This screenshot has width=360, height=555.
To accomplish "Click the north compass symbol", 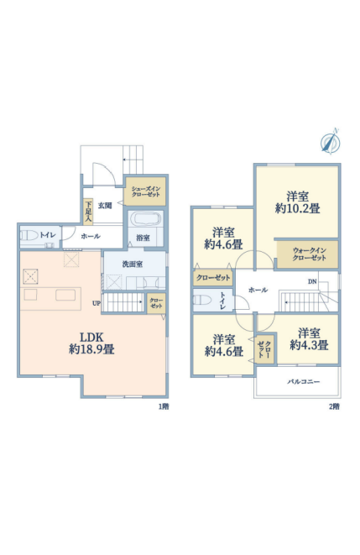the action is pyautogui.click(x=331, y=142).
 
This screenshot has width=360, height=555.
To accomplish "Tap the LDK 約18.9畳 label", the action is pyautogui.click(x=91, y=343).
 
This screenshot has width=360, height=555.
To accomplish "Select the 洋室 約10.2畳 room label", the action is pyautogui.click(x=297, y=202).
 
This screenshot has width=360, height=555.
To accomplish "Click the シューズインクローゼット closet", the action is pyautogui.click(x=146, y=191).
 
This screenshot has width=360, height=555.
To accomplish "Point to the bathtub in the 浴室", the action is pyautogui.click(x=145, y=219).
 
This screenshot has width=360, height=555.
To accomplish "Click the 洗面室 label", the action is pyautogui.click(x=133, y=264).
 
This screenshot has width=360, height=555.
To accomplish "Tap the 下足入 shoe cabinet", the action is pyautogui.click(x=88, y=212).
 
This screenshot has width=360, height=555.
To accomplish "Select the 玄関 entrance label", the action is pyautogui.click(x=105, y=206).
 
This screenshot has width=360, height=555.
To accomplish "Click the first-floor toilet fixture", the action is pyautogui.click(x=28, y=235).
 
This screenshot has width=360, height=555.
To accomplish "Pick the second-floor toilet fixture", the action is pyautogui.click(x=202, y=301).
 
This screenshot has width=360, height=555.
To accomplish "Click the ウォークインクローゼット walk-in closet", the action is pyautogui.click(x=307, y=254).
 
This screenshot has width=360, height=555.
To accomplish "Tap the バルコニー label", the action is pyautogui.click(x=304, y=381).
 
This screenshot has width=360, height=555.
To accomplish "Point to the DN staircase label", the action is pyautogui.click(x=312, y=282).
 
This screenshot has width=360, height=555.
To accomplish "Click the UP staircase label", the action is pyautogui.click(x=97, y=303).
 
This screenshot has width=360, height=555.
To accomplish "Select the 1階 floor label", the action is pyautogui.click(x=164, y=406).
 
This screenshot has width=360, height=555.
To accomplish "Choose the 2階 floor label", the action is pyautogui.click(x=334, y=406).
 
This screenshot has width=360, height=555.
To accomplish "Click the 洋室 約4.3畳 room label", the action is pyautogui.click(x=309, y=338).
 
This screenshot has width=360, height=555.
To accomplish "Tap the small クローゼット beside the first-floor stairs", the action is pyautogui.click(x=156, y=303).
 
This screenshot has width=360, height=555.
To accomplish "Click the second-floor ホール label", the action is pyautogui.click(x=258, y=290).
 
